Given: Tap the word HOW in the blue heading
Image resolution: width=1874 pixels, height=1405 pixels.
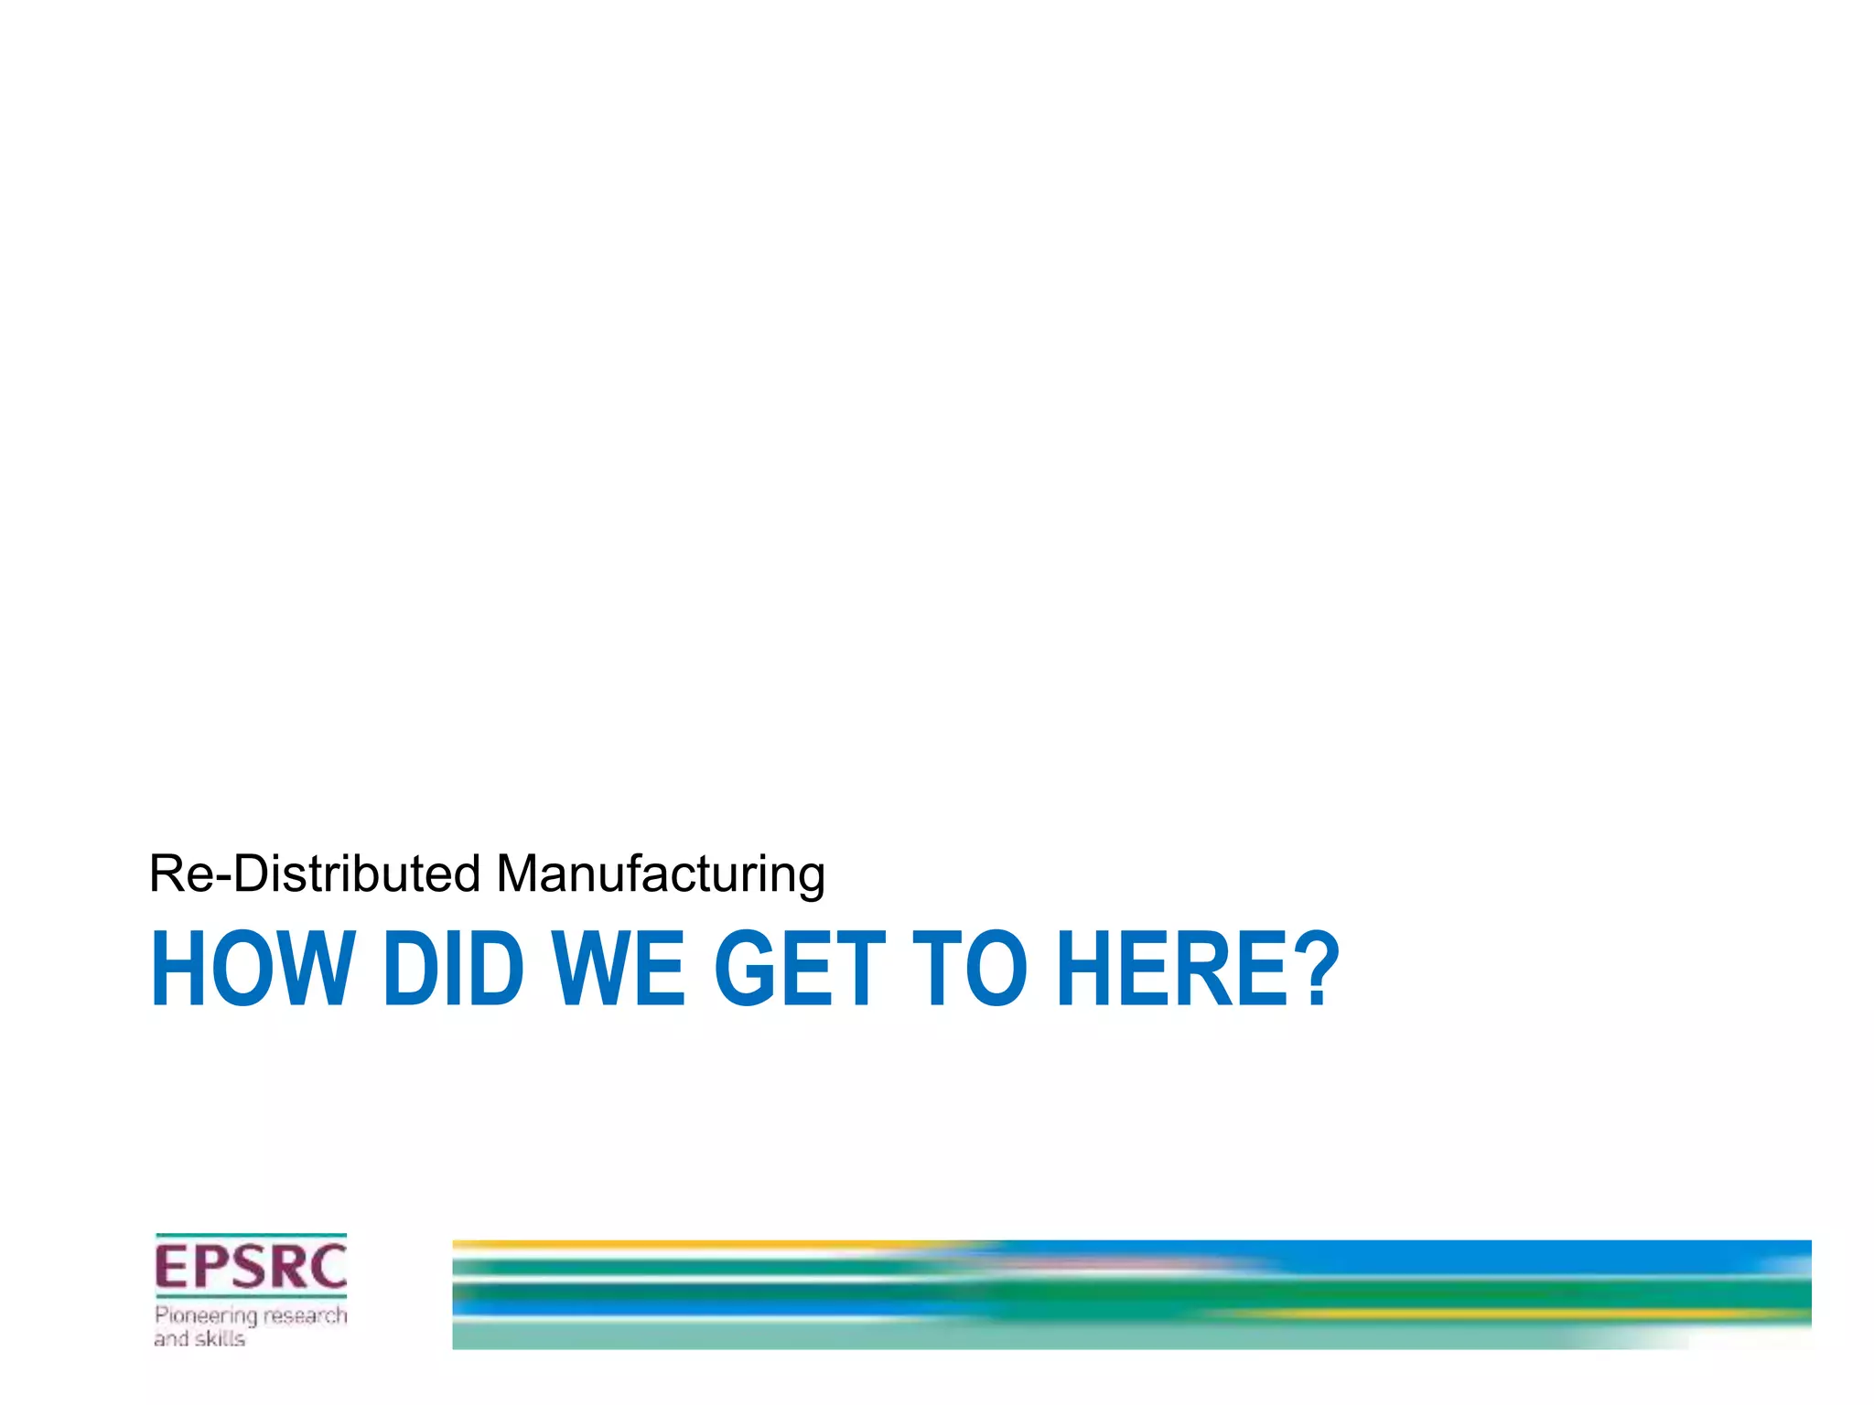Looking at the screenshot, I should point(252,969).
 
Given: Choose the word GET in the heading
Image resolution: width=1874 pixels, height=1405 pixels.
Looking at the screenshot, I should point(800,969).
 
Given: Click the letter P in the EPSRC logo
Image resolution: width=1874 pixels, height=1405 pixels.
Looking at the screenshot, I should point(208,1267).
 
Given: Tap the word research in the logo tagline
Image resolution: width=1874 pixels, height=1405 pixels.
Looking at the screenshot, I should point(306,1316).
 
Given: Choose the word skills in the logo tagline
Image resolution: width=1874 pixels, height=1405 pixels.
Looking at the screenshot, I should point(221,1339).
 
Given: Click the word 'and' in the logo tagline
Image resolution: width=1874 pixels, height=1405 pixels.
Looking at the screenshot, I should point(171,1339).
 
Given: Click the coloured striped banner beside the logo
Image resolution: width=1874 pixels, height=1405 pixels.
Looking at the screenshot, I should point(1131,1294).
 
